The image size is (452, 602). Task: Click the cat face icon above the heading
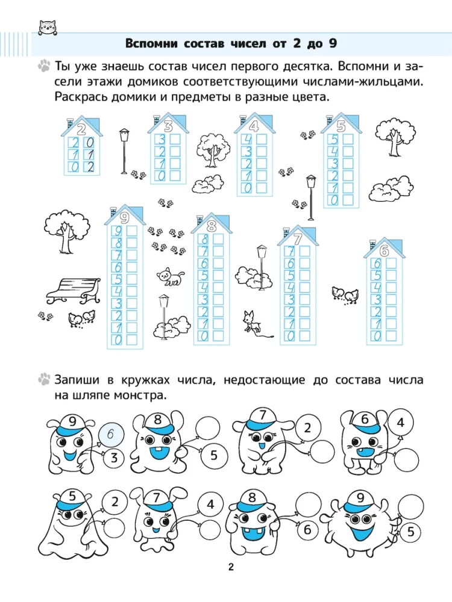(x=48, y=28)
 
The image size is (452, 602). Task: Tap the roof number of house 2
(x=81, y=129)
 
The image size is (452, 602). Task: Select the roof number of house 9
(x=124, y=218)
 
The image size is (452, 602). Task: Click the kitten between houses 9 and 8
(x=170, y=276)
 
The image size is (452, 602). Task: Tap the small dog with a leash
(x=255, y=324)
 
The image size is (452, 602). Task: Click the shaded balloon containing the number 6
(x=111, y=434)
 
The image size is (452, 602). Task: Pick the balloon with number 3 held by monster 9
(x=114, y=458)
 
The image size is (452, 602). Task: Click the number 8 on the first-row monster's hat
(x=157, y=420)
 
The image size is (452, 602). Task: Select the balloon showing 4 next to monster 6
(x=401, y=423)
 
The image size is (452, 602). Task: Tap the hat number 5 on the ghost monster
(x=72, y=495)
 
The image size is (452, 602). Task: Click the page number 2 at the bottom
(x=231, y=567)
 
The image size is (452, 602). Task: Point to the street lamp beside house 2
(x=124, y=151)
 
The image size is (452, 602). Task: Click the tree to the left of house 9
(x=64, y=232)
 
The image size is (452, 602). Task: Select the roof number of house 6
(x=384, y=251)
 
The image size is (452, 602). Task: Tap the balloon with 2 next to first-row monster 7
(x=307, y=427)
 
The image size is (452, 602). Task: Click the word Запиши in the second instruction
(x=77, y=380)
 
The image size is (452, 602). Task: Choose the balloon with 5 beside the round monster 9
(x=410, y=532)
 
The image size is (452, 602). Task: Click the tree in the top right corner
(x=395, y=137)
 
